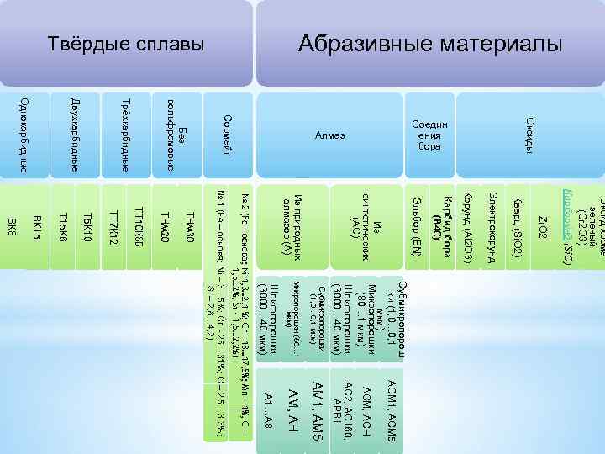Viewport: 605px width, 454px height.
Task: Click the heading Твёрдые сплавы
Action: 125,43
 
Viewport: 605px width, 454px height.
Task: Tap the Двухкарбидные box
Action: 75,135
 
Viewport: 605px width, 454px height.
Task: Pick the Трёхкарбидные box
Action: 124,135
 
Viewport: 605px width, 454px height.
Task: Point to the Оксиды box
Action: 529,135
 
